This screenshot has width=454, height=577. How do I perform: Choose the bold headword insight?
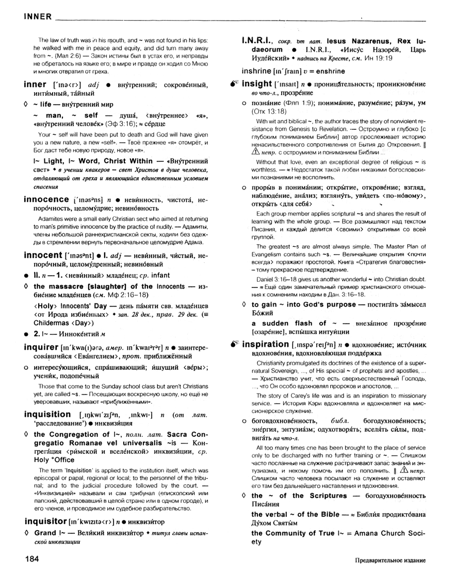pyautogui.click(x=257, y=83)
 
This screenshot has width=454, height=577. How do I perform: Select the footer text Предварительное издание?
pyautogui.click(x=390, y=559)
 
